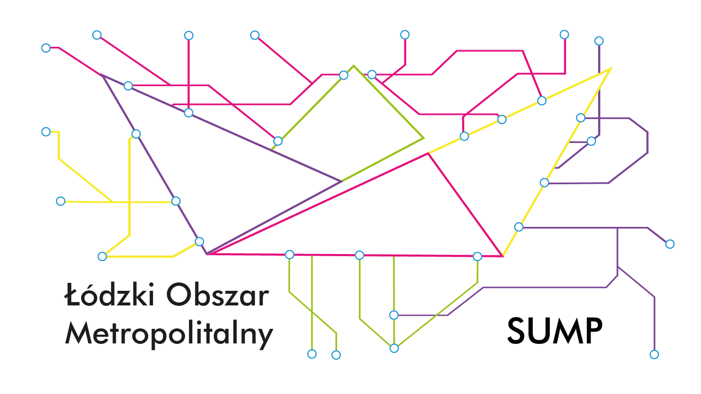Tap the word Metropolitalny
click(169, 335)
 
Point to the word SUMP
click(555, 331)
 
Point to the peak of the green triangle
click(353, 66)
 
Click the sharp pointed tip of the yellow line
click(611, 68)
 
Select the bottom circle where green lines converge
click(394, 348)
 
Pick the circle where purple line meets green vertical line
click(394, 315)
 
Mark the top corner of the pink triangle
click(428, 153)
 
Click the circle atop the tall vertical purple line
click(599, 41)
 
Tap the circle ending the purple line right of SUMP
click(654, 354)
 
